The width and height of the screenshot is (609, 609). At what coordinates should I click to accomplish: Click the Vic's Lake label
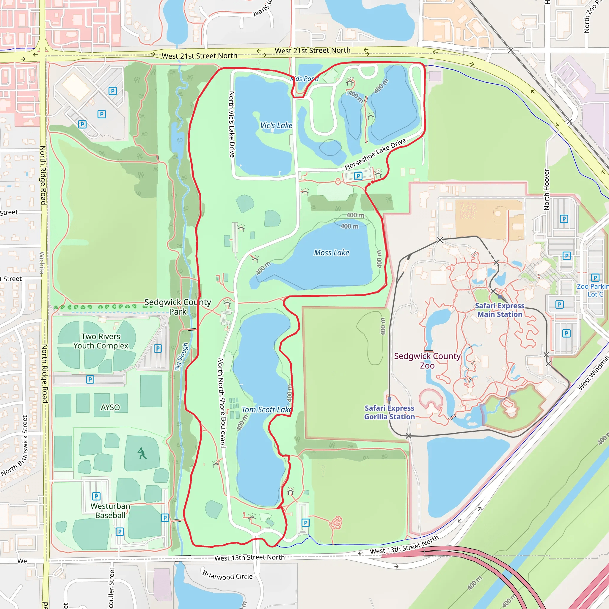pyautogui.click(x=276, y=125)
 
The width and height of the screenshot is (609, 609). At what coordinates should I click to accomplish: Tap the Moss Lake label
pyautogui.click(x=331, y=253)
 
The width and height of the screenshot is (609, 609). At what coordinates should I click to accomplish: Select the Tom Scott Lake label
pyautogui.click(x=267, y=409)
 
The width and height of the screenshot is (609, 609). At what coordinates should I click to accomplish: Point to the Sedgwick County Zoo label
pyautogui.click(x=427, y=361)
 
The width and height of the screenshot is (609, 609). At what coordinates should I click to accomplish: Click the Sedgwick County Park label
pyautogui.click(x=178, y=307)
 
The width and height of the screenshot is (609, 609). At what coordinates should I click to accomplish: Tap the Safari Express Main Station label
pyautogui.click(x=500, y=310)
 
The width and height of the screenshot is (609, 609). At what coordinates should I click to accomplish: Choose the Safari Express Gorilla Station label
pyautogui.click(x=389, y=412)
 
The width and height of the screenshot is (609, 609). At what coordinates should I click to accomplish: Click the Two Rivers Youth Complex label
pyautogui.click(x=101, y=341)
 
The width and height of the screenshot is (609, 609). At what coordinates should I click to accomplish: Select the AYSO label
pyautogui.click(x=110, y=407)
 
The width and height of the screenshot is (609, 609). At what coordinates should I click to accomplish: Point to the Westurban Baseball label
pyautogui.click(x=110, y=511)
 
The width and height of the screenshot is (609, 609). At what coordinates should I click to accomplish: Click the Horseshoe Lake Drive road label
pyautogui.click(x=375, y=154)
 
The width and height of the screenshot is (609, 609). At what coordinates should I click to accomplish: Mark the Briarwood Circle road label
pyautogui.click(x=227, y=575)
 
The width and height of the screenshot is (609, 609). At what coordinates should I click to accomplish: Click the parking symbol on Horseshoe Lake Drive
pyautogui.click(x=358, y=176)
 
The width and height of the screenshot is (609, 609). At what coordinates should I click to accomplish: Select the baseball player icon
pyautogui.click(x=142, y=453)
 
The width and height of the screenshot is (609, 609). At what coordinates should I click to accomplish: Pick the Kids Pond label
pyautogui.click(x=304, y=79)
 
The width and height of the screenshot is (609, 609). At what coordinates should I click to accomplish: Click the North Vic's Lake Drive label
pyautogui.click(x=232, y=124)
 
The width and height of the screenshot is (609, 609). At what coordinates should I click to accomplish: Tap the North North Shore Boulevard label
pyautogui.click(x=222, y=403)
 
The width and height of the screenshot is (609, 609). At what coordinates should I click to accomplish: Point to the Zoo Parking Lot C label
pyautogui.click(x=593, y=290)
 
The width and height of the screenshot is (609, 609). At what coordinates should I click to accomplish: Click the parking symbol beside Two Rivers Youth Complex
pyautogui.click(x=158, y=348)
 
